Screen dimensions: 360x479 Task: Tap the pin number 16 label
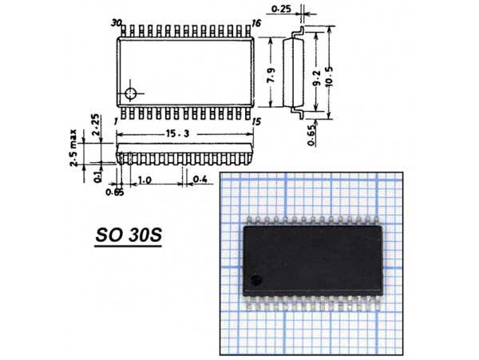(x=256, y=25)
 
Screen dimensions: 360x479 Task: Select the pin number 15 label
(x=256, y=121)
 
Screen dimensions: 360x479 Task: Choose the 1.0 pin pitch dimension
(x=144, y=180)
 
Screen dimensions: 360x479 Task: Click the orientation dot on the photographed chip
(x=255, y=279)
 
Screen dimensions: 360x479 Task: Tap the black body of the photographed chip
(x=311, y=255)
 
